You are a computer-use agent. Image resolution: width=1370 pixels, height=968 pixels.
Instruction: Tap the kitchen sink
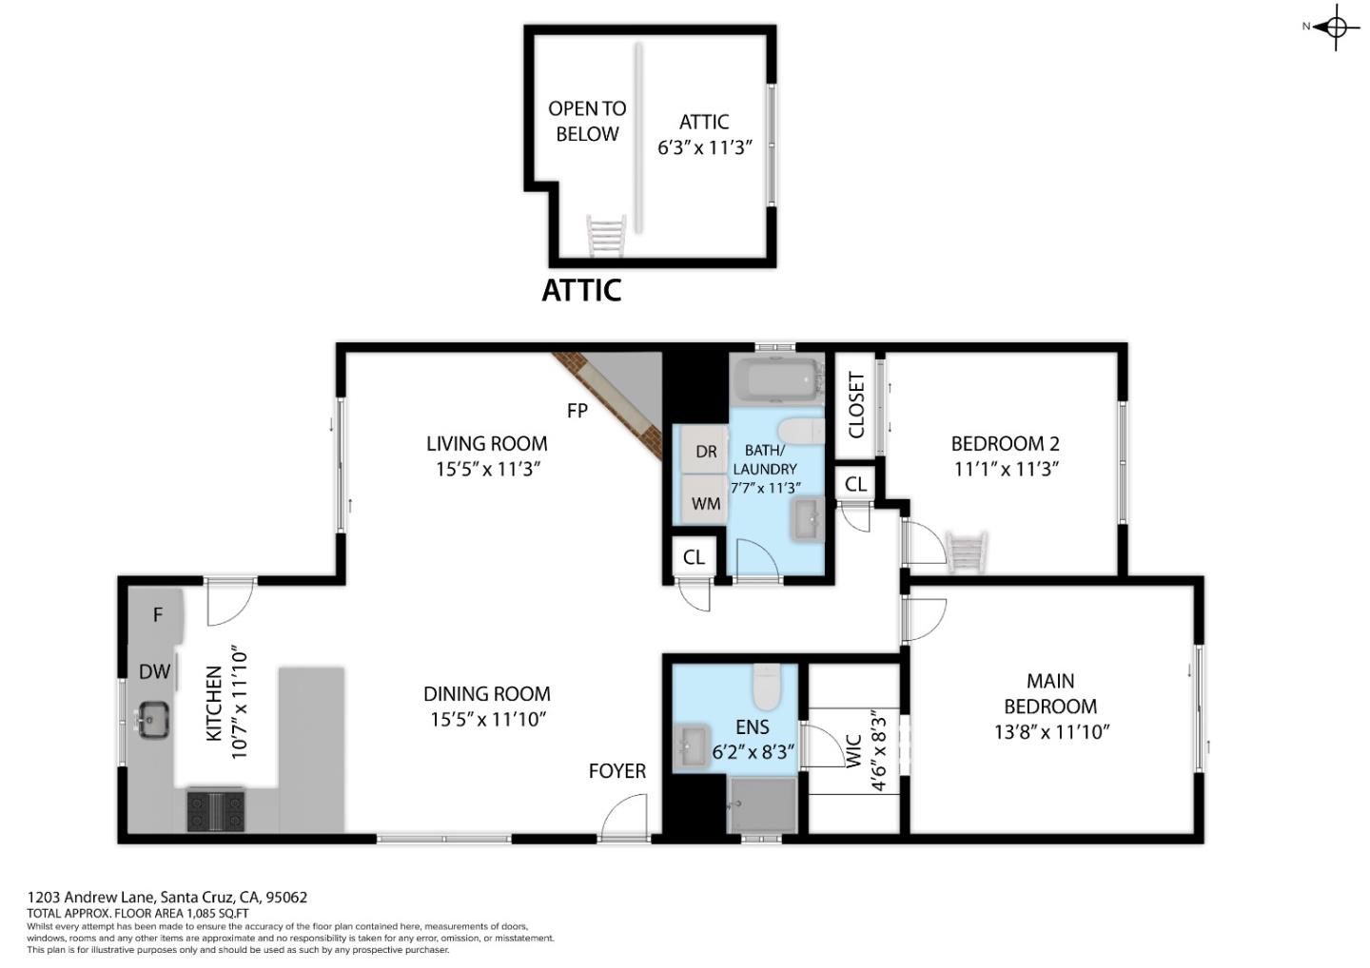pos(152,719)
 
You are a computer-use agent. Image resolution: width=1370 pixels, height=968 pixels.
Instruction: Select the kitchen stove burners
pos(216,810)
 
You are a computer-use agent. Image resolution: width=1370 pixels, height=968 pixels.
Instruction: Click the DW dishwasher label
pos(154,672)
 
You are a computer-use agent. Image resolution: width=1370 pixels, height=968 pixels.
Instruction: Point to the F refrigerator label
pos(158,615)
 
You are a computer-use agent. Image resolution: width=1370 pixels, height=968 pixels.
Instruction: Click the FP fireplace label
pos(577,411)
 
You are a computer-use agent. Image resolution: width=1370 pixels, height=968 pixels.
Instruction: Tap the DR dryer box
pos(705,453)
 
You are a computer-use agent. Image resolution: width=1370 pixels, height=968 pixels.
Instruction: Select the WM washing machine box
pos(705,503)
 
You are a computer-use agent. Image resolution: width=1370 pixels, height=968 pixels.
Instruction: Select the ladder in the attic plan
pos(606,236)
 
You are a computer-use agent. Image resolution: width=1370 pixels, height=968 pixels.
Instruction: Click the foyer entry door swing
pos(626,820)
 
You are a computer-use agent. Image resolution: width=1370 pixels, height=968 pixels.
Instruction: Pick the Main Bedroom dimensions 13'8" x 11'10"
pos(1049,731)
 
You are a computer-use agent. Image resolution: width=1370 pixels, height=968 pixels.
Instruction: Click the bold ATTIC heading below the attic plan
pos(581,290)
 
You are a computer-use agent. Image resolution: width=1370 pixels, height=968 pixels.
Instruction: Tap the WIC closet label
pos(853,750)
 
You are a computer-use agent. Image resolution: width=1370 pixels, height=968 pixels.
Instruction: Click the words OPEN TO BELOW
pos(587,122)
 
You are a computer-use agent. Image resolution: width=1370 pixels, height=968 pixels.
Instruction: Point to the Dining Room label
pos(486,694)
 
